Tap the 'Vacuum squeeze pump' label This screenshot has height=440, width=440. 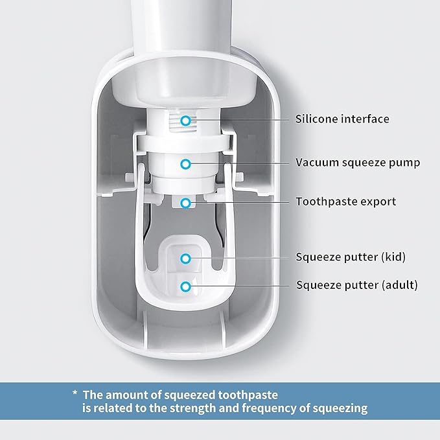358,163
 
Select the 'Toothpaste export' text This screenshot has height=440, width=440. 345,202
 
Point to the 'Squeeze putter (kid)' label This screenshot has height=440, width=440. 350,257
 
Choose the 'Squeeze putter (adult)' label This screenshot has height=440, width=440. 356,284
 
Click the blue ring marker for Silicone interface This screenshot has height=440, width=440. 186,120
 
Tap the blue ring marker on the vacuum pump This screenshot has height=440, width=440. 186,164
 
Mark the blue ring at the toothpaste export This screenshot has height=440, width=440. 186,203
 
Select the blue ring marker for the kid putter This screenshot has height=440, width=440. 186,258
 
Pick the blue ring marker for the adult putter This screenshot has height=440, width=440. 186,286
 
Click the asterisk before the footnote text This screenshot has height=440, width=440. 75,394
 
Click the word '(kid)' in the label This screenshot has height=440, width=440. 391,257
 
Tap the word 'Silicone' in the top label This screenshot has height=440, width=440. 318,119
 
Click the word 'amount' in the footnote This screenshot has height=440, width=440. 124,393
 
